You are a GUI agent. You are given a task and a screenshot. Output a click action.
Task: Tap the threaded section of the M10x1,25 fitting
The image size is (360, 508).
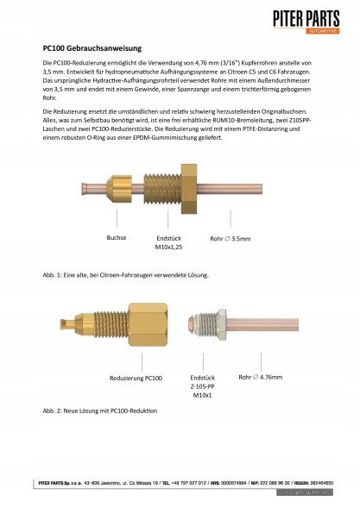161,189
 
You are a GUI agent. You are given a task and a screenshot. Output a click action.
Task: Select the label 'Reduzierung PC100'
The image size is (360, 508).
137,378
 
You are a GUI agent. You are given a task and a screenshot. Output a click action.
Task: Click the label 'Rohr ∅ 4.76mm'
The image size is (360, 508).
272,376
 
